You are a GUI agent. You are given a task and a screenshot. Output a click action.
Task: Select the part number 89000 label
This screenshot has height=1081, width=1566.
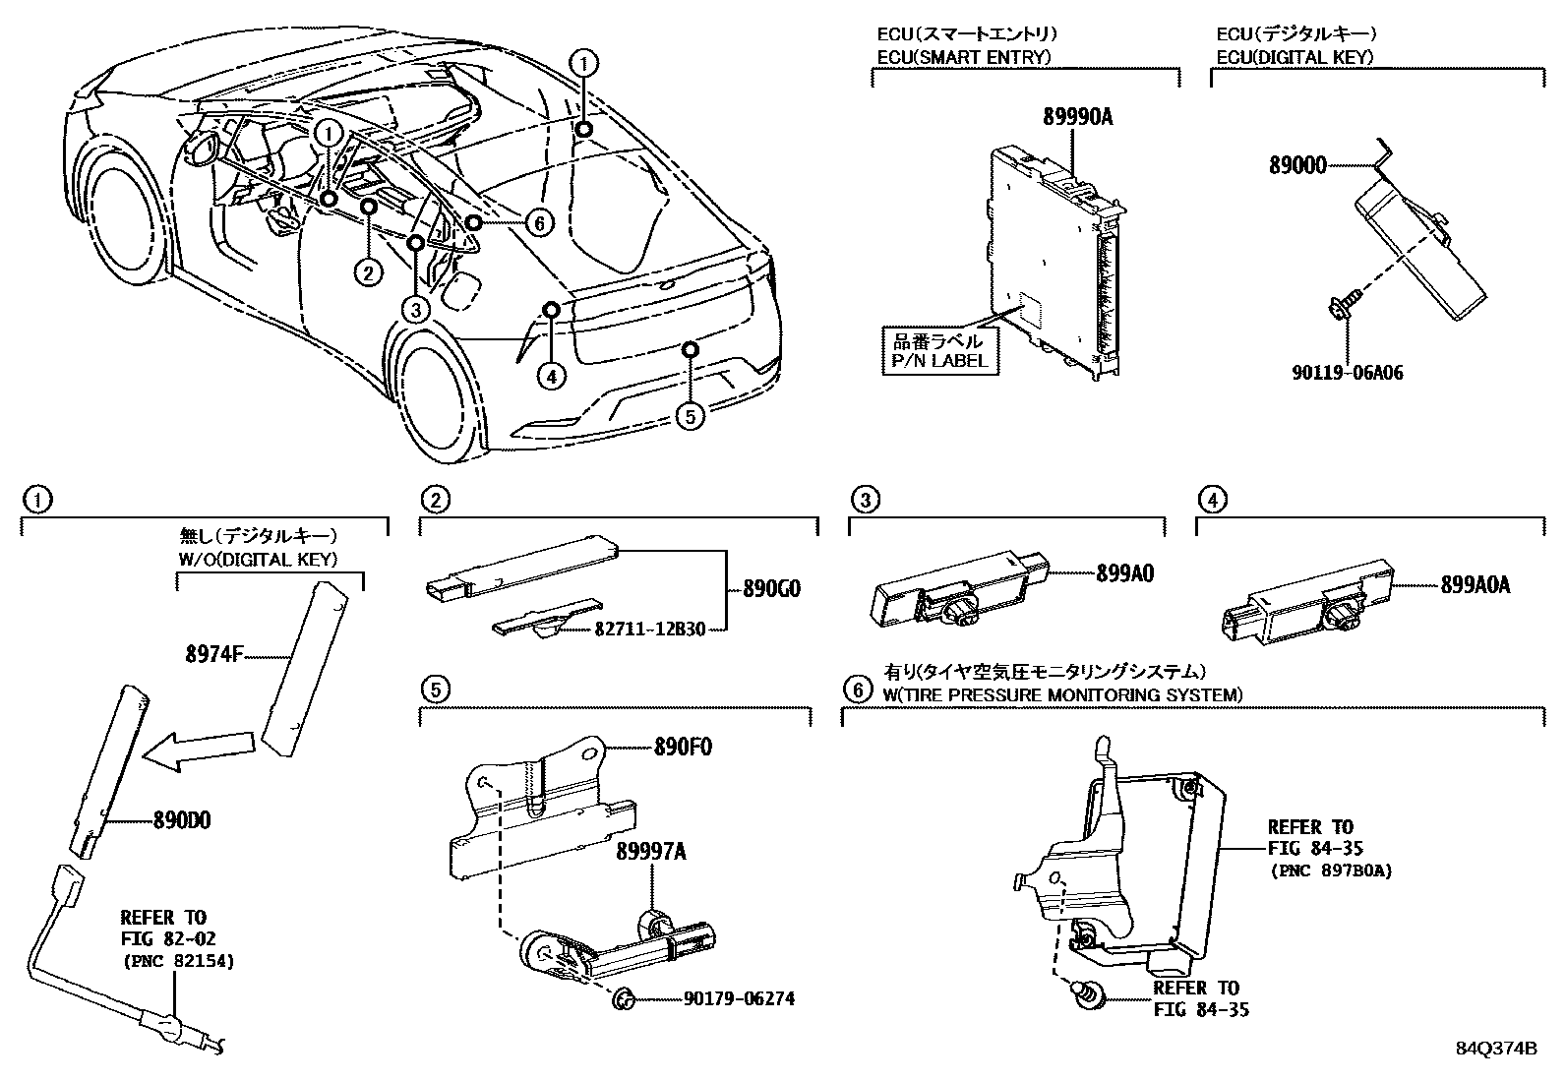tap(1296, 166)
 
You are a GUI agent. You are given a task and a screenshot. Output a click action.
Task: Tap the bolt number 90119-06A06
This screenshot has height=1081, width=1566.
tap(1347, 373)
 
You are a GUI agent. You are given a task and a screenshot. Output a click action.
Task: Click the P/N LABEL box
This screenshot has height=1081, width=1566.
tap(936, 351)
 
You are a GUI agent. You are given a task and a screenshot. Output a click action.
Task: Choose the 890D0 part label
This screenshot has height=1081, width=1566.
tap(182, 818)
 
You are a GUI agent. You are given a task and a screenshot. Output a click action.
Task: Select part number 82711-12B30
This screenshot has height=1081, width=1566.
tap(649, 630)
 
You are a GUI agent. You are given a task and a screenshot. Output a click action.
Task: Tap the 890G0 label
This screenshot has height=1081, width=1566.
tap(772, 590)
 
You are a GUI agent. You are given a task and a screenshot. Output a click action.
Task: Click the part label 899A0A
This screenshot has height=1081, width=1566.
tap(1475, 585)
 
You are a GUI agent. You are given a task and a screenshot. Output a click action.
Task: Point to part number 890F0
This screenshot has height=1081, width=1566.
tap(684, 747)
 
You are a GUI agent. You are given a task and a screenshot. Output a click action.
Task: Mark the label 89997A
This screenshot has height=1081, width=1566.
tap(651, 852)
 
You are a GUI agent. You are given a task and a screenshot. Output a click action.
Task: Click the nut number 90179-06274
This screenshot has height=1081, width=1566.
tap(739, 999)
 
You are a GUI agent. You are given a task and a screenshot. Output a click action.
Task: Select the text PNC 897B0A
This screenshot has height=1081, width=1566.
tap(1330, 871)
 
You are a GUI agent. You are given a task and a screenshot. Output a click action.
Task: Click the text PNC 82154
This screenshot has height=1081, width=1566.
tap(178, 961)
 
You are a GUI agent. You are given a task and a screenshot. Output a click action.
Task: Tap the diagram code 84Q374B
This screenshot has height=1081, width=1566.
tap(1496, 1049)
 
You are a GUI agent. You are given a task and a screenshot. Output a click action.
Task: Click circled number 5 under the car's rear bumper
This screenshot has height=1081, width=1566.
tap(691, 416)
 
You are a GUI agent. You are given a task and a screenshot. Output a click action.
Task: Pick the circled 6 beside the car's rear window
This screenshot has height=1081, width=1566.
tap(538, 223)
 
